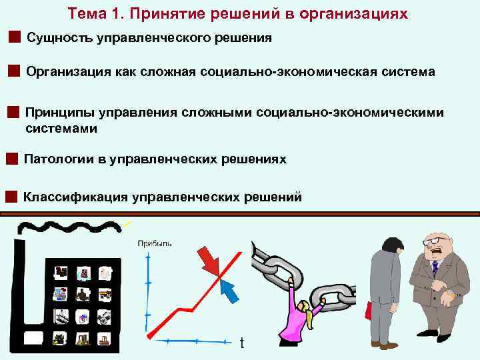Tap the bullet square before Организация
[13, 71]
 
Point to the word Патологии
[55, 159]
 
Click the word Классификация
[75, 197]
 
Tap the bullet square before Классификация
[10, 197]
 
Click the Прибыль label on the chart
[154, 243]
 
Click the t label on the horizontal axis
[242, 343]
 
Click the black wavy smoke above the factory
[67, 227]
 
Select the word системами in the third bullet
[60, 129]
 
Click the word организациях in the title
[361, 13]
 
